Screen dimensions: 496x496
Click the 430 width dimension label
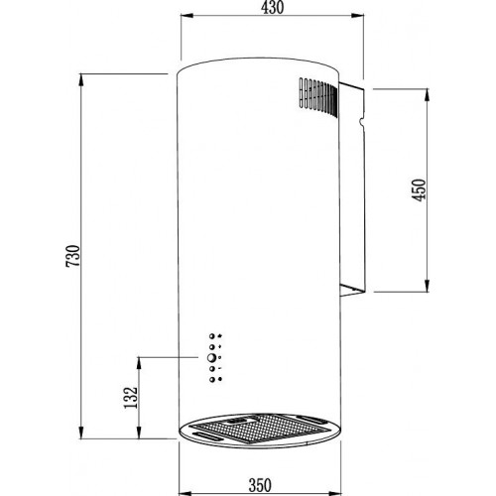[x=272, y=8]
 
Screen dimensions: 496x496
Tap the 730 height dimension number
[x=73, y=256]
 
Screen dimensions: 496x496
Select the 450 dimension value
[x=419, y=189]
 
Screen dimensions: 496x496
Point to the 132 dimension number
[x=131, y=397]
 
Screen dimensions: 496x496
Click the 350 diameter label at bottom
[x=260, y=485]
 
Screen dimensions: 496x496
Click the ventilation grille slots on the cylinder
[x=318, y=96]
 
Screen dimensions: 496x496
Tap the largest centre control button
[x=211, y=357]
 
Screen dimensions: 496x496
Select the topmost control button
[x=211, y=336]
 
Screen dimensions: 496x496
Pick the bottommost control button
[x=211, y=379]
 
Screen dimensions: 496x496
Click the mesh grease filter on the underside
[x=260, y=429]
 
